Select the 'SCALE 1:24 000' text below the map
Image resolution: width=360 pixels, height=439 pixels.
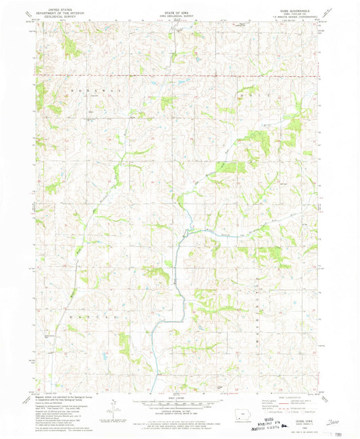(180, 396)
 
